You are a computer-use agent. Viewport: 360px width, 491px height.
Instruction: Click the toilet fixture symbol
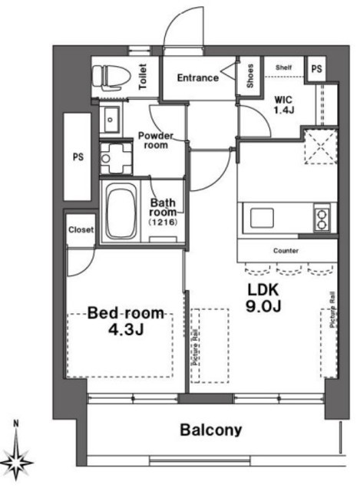tap(111, 77)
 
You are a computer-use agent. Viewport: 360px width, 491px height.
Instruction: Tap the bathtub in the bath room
tap(121, 211)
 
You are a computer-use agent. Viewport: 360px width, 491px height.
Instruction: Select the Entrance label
tap(198, 77)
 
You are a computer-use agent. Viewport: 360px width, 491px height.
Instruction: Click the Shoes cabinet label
tap(249, 76)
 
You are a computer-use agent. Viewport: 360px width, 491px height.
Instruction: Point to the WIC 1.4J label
tap(284, 105)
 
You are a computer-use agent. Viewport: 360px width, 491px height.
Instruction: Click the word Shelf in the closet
tap(283, 68)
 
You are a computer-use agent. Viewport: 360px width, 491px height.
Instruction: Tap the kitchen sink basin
tap(262, 218)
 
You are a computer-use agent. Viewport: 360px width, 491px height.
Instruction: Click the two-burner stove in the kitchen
tap(322, 218)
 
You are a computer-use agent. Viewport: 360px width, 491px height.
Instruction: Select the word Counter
tap(286, 251)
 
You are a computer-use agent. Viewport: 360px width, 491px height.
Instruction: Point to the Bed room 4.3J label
tap(126, 321)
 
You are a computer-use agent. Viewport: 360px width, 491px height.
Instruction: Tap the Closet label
tap(81, 230)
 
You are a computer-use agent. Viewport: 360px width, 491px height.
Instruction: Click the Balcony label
tap(211, 430)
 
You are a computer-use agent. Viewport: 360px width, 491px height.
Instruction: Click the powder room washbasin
tap(111, 120)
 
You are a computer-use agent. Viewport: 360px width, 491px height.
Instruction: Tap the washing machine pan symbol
tap(115, 158)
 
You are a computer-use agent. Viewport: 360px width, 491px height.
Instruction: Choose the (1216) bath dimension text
tap(163, 222)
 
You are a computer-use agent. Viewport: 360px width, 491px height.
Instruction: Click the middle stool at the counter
tap(289, 269)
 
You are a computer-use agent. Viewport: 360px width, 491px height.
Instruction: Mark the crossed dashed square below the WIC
tap(321, 147)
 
